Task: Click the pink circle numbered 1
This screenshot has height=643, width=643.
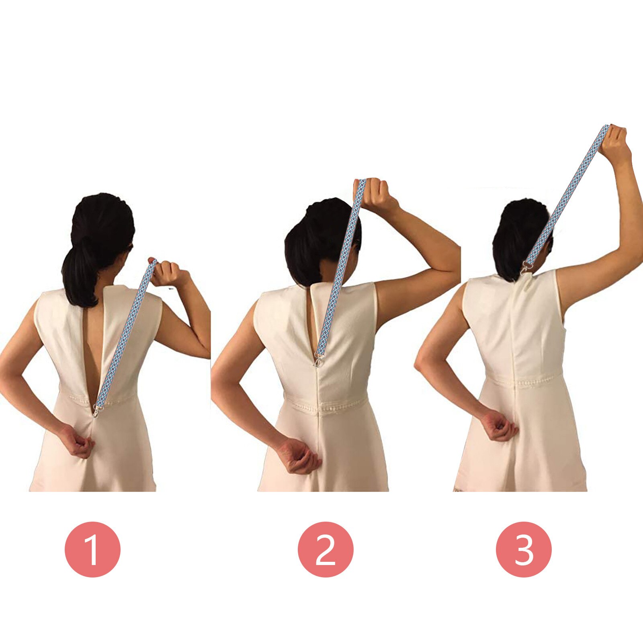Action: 92,549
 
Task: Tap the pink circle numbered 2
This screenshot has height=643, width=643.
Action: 326,549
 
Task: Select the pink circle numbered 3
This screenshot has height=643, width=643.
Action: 524,549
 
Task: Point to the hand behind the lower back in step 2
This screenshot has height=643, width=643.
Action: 297,456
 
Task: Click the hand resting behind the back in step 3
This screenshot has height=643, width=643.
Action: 500,427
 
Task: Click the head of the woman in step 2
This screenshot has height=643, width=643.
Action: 321,241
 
